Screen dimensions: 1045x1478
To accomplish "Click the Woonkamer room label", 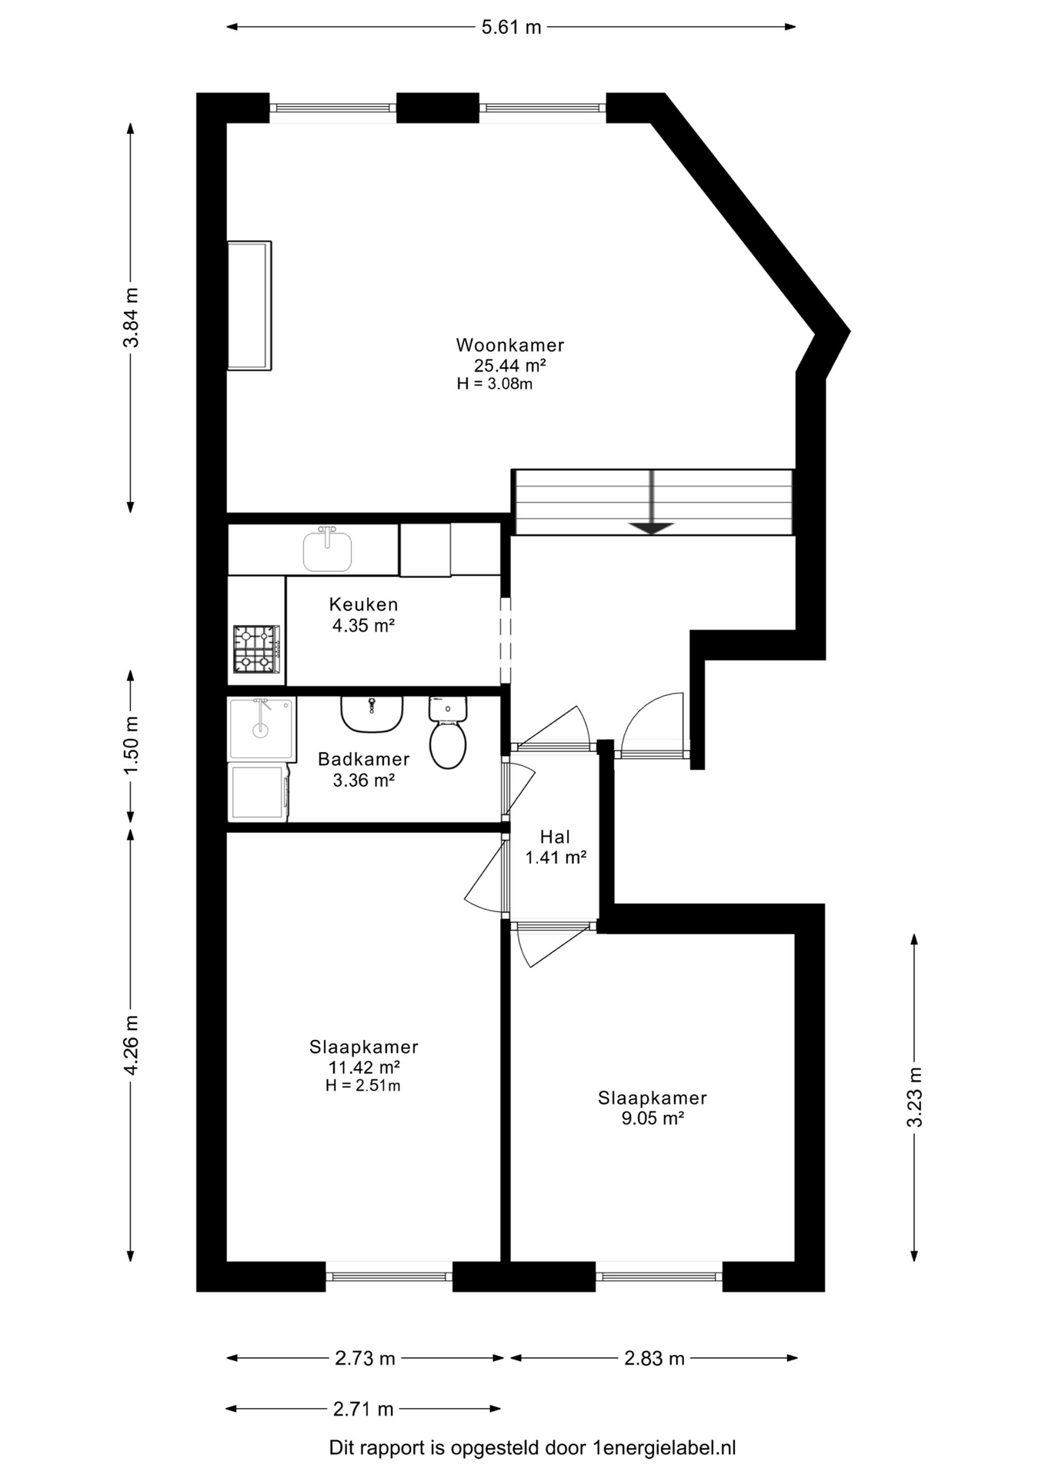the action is [510, 345].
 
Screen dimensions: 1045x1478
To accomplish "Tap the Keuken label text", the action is [364, 604].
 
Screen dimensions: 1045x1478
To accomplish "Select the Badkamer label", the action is [364, 759].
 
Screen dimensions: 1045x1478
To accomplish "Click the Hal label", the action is [555, 837].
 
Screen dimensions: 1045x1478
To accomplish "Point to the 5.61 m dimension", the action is [512, 27].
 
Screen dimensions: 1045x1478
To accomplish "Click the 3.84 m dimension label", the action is [132, 317].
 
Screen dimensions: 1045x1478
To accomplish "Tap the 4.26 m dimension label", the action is [132, 1045].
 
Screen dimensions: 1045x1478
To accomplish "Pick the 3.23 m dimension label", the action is [914, 1097].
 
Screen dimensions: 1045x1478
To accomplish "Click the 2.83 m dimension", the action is [654, 1358].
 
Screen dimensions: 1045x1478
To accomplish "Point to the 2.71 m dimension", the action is [363, 1409].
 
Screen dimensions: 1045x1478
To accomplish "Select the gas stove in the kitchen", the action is [257, 649].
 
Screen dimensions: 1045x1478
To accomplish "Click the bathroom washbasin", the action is [372, 714].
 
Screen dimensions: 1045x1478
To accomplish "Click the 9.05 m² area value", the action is [653, 1119].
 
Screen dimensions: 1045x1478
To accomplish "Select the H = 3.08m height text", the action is [495, 383].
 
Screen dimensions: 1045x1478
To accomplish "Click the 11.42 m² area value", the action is [364, 1067].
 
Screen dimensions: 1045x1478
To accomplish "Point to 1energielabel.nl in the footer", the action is [665, 1448].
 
